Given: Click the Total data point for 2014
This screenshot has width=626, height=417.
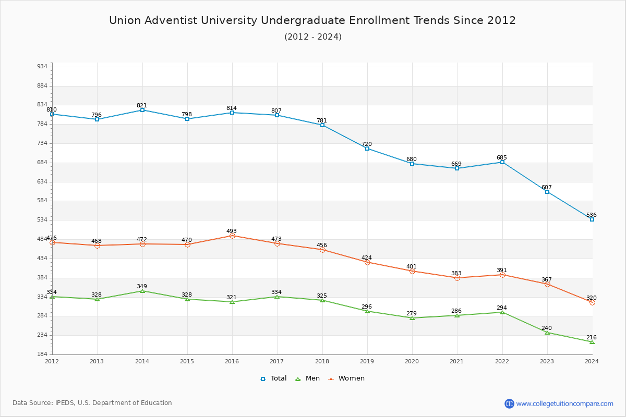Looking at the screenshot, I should pyautogui.click(x=142, y=110).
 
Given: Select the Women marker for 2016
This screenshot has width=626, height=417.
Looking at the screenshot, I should pyautogui.click(x=232, y=236).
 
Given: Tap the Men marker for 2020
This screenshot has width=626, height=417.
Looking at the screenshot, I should pyautogui.click(x=412, y=318).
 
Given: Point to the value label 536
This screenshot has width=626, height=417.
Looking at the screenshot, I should pyautogui.click(x=591, y=215).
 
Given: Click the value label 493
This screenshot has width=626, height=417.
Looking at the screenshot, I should pyautogui.click(x=232, y=231).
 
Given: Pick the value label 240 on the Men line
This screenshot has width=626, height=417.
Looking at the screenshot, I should pyautogui.click(x=546, y=328).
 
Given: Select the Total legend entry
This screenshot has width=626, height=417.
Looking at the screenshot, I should pyautogui.click(x=273, y=378).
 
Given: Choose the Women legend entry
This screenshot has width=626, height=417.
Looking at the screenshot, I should pyautogui.click(x=346, y=378).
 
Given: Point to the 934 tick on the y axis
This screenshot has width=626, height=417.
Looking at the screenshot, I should pyautogui.click(x=42, y=67).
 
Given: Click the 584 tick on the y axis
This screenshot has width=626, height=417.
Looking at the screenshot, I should pyautogui.click(x=42, y=201).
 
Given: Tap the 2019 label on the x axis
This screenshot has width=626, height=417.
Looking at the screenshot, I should pyautogui.click(x=367, y=361).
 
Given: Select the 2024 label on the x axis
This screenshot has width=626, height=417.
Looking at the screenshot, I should pyautogui.click(x=592, y=361).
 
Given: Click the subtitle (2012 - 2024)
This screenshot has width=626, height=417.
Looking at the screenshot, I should pyautogui.click(x=313, y=36).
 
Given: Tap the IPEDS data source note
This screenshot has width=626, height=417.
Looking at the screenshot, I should pyautogui.click(x=92, y=403).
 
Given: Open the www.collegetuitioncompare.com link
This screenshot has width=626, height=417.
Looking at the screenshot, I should pyautogui.click(x=564, y=403).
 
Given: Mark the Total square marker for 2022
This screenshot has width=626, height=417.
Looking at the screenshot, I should pyautogui.click(x=502, y=162).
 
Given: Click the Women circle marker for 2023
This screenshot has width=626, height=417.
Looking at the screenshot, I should pyautogui.click(x=547, y=284).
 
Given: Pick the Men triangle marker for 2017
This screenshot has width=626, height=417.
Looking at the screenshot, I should pyautogui.click(x=277, y=297).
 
